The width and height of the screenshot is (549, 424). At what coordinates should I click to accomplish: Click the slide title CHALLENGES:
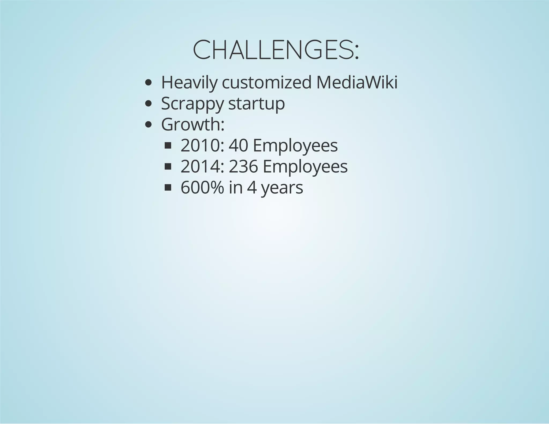tap(276, 50)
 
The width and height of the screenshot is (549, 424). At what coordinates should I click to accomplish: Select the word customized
tap(267, 83)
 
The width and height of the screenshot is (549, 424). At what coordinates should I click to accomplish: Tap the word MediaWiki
tap(357, 83)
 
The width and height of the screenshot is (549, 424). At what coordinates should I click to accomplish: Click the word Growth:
tap(193, 124)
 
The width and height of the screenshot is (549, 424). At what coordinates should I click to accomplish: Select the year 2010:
tap(202, 146)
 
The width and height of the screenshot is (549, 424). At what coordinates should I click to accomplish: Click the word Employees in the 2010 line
tap(295, 146)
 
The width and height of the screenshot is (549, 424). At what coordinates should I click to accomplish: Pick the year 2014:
tap(202, 167)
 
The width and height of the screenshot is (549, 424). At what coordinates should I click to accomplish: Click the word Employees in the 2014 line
tap(305, 167)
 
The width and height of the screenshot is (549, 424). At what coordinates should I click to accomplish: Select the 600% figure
tap(202, 188)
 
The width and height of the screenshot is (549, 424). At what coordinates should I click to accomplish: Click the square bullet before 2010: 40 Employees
tap(168, 146)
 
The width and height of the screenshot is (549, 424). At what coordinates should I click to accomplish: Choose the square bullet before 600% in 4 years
tap(168, 188)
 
